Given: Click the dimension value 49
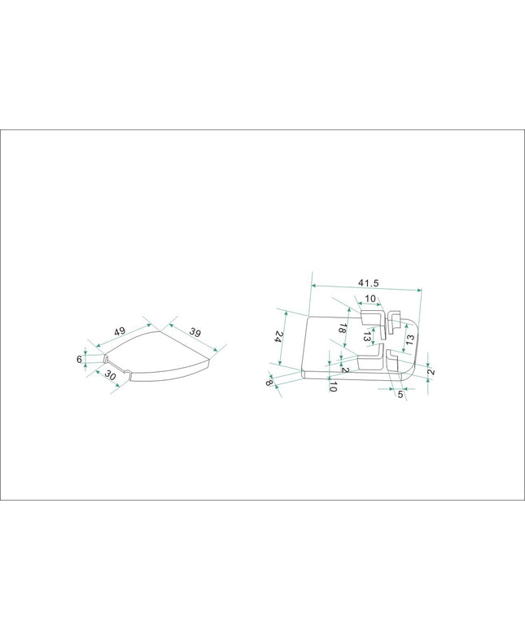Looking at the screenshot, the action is coord(120,331).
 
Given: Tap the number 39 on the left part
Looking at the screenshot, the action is coord(195,332).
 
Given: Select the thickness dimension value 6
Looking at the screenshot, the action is coord(79,359).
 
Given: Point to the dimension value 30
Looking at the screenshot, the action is coord(110,375).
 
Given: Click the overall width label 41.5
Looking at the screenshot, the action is coord(369,283).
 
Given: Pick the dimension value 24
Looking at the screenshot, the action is coord(278,337).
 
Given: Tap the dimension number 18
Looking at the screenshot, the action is coord(342,328).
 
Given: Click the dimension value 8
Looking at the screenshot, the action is coord(269,382).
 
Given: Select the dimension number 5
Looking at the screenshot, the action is coord(400,395).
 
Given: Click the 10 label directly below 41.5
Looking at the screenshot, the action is coord(370,299).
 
